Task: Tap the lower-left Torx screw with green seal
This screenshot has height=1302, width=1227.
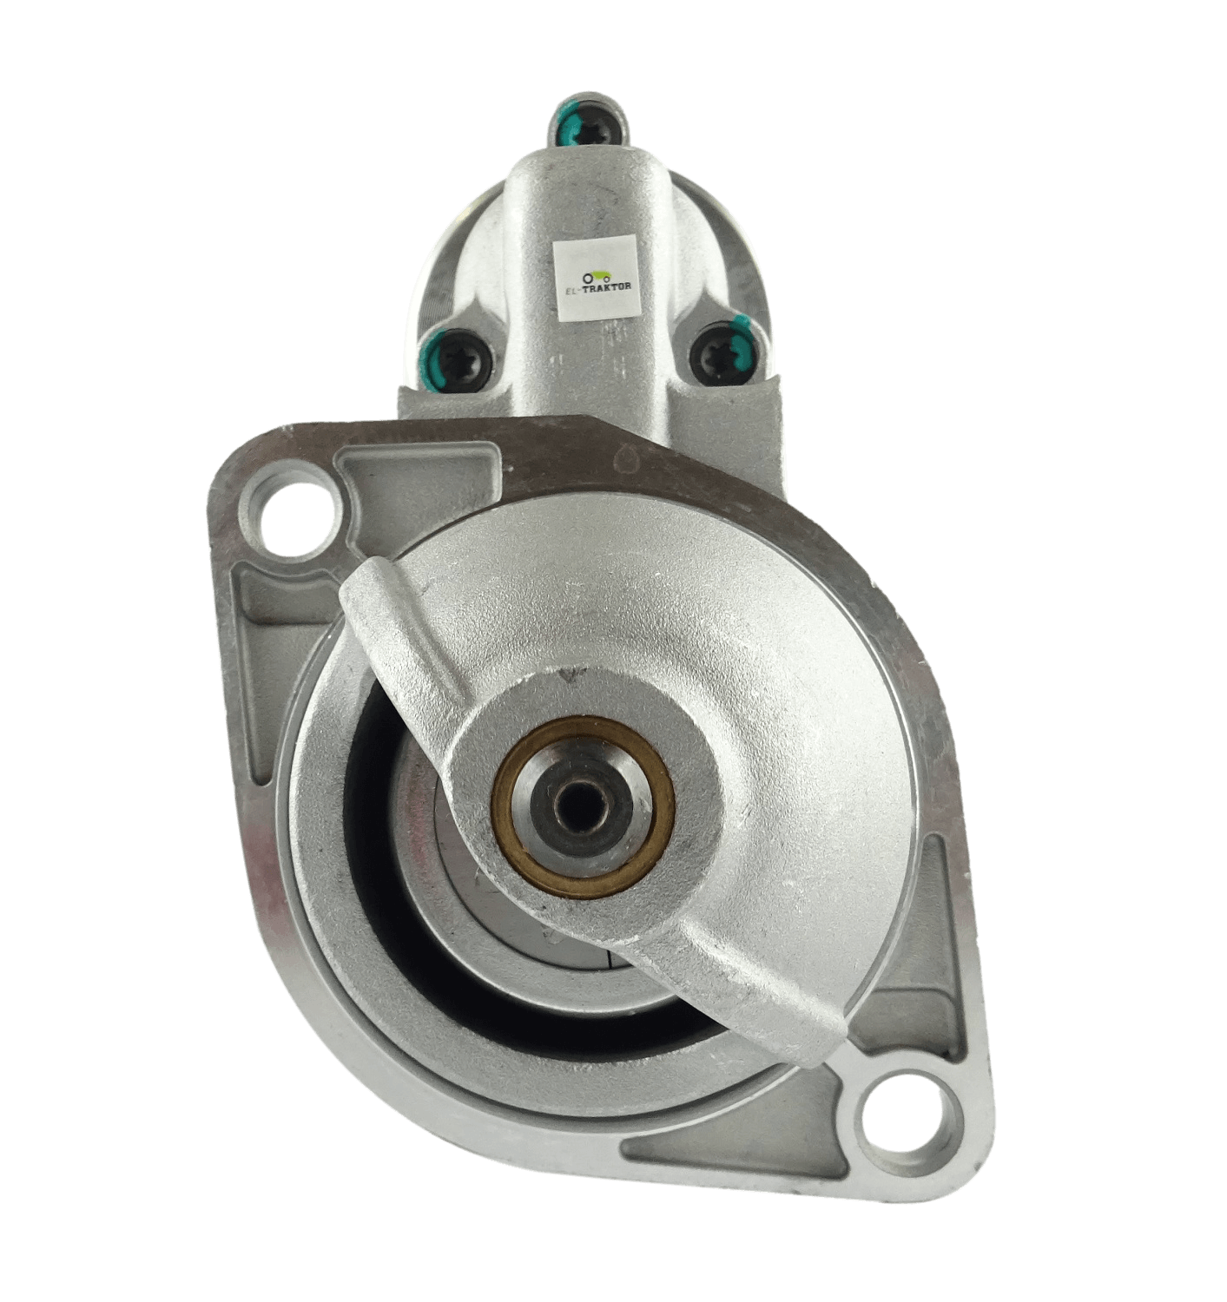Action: click(x=459, y=360)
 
